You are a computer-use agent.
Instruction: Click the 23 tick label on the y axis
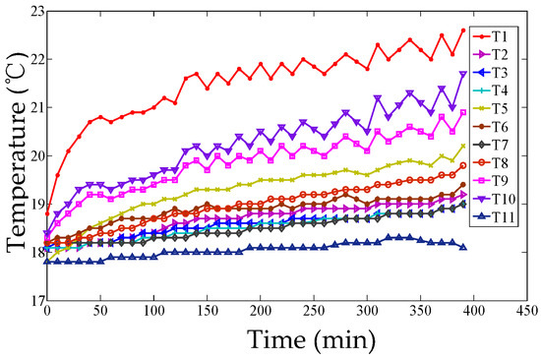click(x=32, y=12)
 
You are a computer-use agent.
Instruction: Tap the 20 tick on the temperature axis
click(x=32, y=155)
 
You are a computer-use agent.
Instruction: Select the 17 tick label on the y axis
click(x=32, y=300)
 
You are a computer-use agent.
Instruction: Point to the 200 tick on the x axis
click(x=260, y=314)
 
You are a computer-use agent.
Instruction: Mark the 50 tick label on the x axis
click(x=100, y=314)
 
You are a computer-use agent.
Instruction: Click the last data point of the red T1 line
click(x=462, y=30)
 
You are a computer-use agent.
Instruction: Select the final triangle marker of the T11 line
click(x=462, y=247)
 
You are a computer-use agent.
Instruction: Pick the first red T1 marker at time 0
click(x=46, y=213)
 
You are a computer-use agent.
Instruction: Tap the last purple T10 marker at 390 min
click(x=462, y=74)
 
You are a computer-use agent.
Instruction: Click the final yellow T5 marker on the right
click(x=462, y=146)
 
